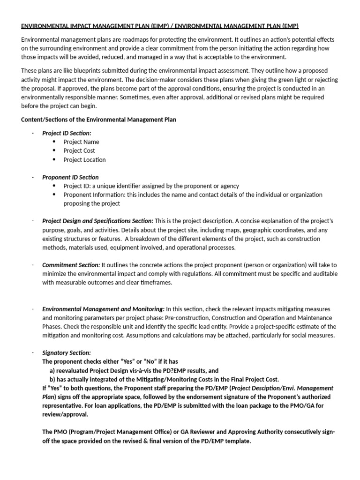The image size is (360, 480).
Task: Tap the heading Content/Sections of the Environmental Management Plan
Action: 99,120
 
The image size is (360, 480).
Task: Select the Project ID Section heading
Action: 67,133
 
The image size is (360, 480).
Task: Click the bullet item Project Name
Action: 81,142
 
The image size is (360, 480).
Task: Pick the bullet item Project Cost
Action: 79,151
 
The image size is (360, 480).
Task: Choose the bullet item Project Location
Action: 84,160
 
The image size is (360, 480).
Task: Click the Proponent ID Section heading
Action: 70,177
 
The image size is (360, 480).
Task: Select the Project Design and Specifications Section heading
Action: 97,221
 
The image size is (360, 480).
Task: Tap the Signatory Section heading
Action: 67,352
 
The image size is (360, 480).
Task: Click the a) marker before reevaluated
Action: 46,370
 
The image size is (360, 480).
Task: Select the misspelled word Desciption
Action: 278,388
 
